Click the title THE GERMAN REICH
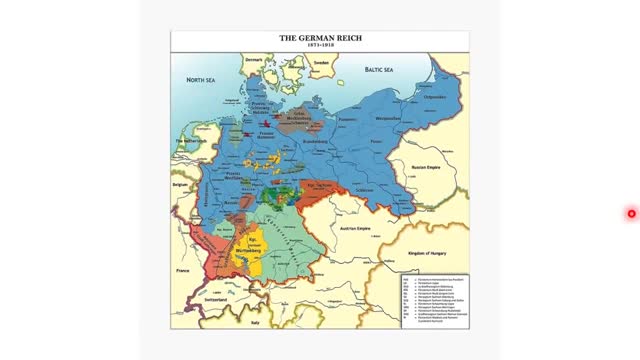pos(319,38)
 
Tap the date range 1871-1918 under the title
pos(319,46)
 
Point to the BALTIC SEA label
pos(377,71)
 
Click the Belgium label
pos(180,186)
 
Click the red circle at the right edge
pos(632,213)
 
